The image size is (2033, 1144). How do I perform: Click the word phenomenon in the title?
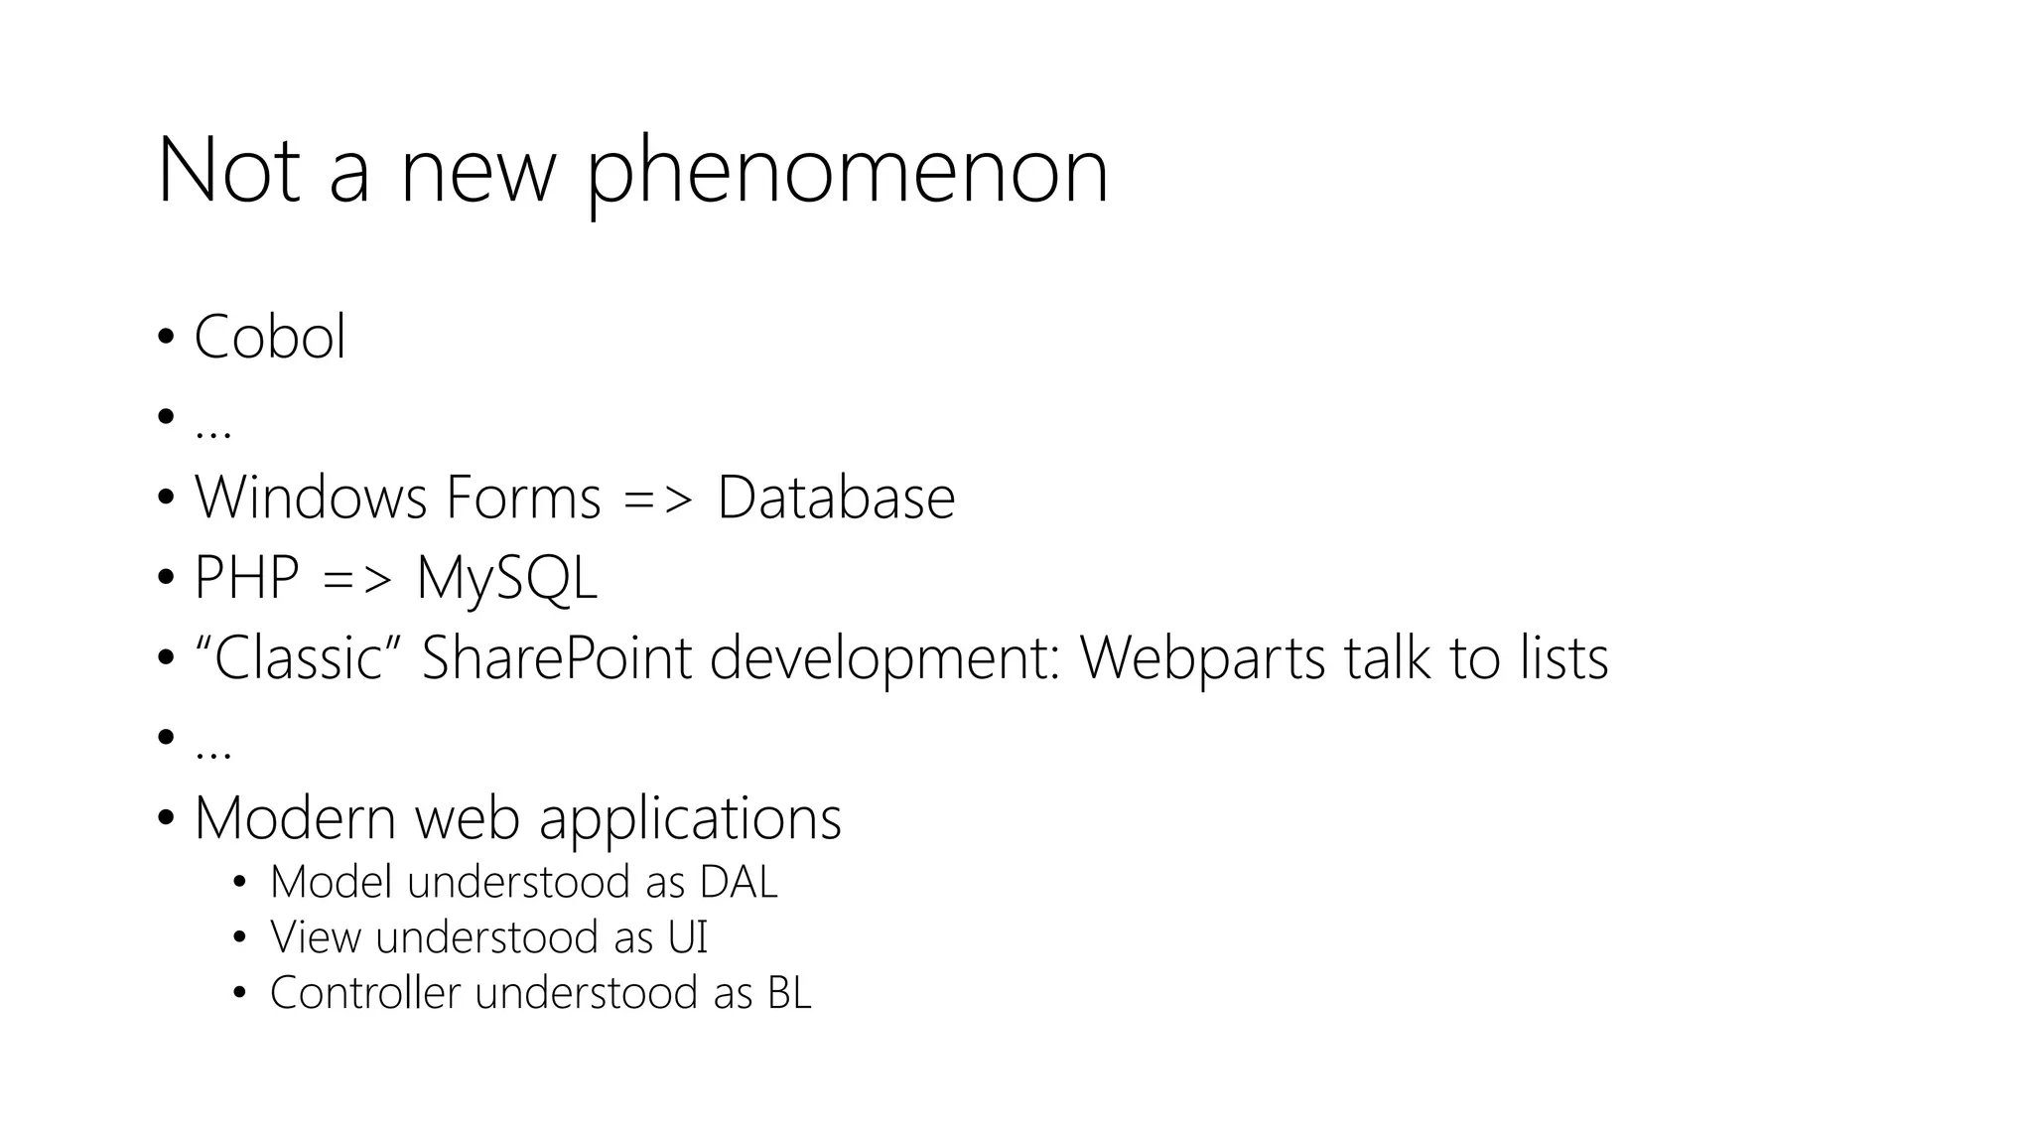[847, 174]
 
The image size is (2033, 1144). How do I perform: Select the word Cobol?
[270, 337]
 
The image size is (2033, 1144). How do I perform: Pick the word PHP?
[246, 577]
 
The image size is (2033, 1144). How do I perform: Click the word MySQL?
[507, 578]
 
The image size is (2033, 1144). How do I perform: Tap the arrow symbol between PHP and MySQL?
[357, 579]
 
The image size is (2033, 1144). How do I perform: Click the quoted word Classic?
[298, 657]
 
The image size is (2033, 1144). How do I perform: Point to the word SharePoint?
[557, 657]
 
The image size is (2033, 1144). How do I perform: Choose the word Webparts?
[1202, 657]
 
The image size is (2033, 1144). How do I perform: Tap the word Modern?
[295, 818]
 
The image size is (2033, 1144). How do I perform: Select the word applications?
[690, 820]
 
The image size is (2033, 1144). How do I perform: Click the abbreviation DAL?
[739, 882]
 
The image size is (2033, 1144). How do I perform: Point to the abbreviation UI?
[687, 937]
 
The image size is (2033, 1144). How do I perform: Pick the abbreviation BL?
[789, 993]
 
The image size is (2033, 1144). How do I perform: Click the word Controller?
[365, 993]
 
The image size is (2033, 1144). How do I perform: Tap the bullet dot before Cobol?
[166, 337]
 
